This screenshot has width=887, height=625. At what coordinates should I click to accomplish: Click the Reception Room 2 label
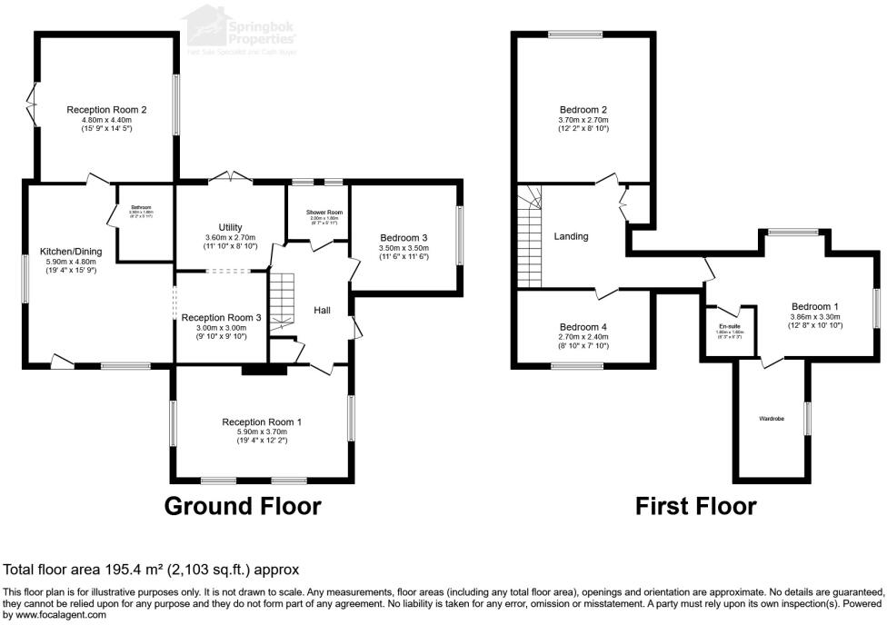(x=106, y=110)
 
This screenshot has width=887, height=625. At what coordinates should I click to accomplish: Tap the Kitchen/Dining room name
(x=70, y=251)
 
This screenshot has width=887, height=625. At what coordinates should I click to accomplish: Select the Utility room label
(x=231, y=227)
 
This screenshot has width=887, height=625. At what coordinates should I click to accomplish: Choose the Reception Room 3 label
(x=221, y=317)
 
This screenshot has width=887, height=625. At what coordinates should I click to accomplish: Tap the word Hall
(x=322, y=311)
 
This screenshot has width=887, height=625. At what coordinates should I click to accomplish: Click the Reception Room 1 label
(x=262, y=422)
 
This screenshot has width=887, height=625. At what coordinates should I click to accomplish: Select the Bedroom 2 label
(x=583, y=109)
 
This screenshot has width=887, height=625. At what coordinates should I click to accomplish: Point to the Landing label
(x=571, y=236)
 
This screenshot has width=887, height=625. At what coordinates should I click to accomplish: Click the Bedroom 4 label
(x=583, y=327)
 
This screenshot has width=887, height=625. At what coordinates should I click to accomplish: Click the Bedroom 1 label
(x=814, y=306)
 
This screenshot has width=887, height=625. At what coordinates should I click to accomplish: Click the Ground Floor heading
(x=242, y=506)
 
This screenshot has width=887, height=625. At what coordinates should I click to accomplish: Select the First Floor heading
(x=695, y=506)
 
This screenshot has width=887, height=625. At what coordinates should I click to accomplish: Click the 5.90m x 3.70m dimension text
(x=262, y=432)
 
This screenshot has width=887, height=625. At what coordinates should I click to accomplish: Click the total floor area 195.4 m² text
(x=152, y=570)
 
